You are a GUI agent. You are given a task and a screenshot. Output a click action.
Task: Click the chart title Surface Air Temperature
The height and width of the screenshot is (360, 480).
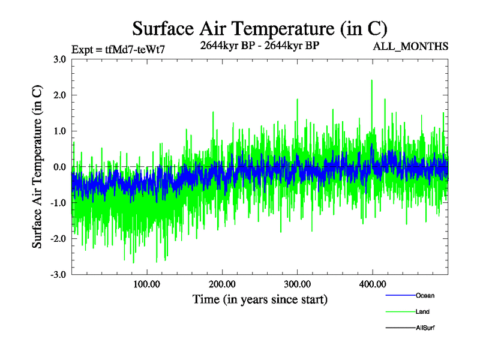pos(260,29)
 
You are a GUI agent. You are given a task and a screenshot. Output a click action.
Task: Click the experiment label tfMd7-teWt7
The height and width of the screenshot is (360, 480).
pos(118,49)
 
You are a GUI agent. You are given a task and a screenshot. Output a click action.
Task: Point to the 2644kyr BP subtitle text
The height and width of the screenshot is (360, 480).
pos(259,46)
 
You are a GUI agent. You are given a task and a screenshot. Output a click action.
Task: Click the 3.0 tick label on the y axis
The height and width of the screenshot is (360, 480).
pos(59,59)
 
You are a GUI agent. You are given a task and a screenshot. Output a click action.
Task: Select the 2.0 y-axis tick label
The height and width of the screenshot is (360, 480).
pos(59,95)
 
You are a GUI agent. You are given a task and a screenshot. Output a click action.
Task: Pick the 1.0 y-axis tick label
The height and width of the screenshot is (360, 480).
pos(59,131)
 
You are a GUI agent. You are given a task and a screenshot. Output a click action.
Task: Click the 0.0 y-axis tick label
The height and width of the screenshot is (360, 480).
pos(59,167)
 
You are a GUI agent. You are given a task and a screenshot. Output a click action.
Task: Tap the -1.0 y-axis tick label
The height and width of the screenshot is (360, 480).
pos(58,203)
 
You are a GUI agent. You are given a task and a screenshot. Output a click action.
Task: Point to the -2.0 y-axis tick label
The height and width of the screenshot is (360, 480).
pos(58,238)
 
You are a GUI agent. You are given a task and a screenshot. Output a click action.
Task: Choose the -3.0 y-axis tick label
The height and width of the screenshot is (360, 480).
pos(58,274)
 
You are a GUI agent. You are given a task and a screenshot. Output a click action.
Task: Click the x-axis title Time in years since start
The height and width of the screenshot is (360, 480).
pos(260,299)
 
